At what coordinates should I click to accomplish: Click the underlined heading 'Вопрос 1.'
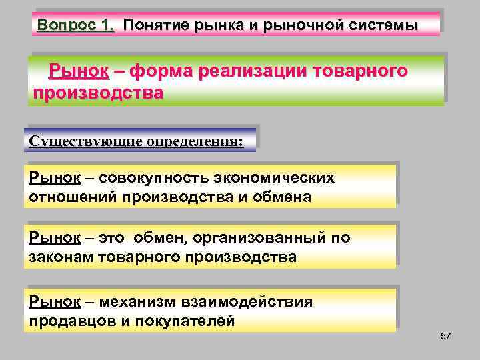click(76, 25)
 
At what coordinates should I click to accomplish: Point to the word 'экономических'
click(275, 179)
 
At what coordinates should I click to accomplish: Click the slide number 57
click(445, 336)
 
